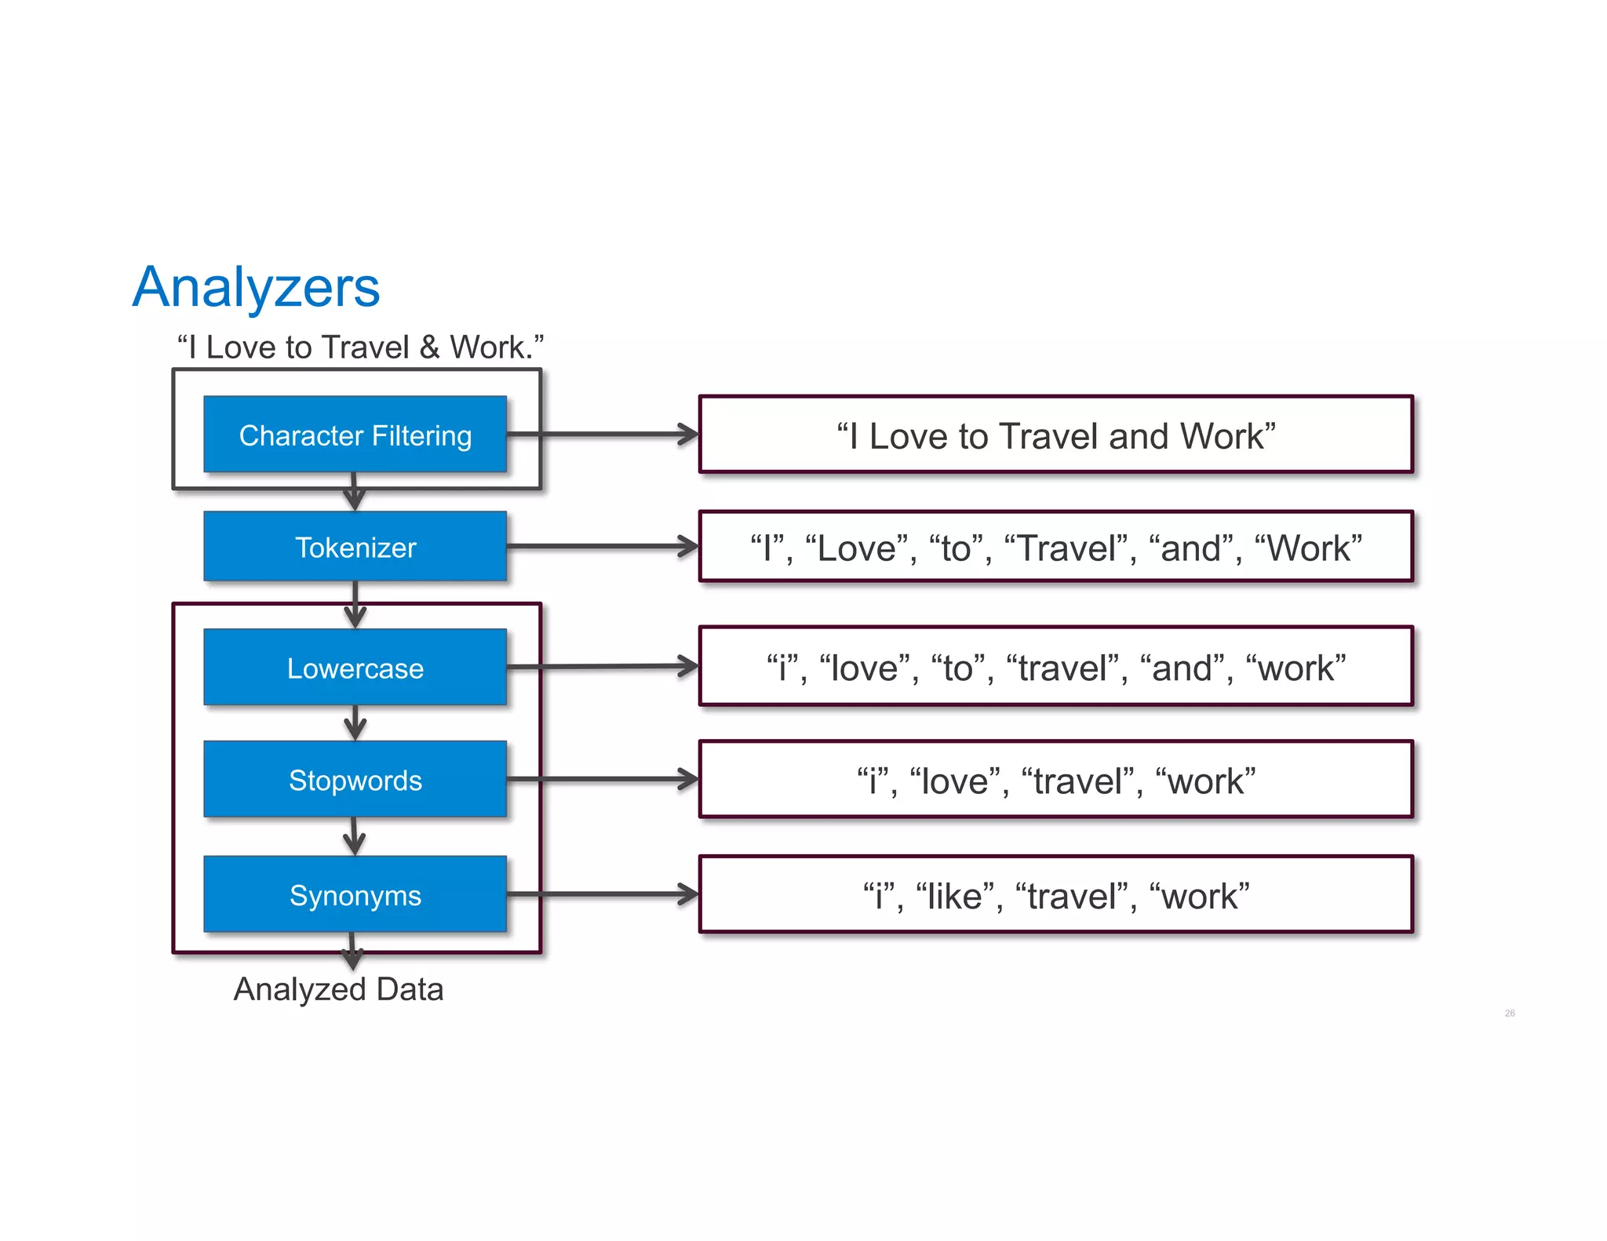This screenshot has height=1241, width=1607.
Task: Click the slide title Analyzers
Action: point(256,288)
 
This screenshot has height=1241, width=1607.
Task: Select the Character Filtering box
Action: point(355,435)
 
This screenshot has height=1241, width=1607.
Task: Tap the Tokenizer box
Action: point(355,547)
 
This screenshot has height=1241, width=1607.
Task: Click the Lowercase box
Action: point(355,668)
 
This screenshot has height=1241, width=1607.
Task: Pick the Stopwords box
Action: point(355,780)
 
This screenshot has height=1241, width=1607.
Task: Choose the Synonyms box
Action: point(355,895)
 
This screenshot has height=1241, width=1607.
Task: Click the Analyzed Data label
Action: point(338,989)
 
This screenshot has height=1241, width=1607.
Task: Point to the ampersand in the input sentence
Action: point(429,348)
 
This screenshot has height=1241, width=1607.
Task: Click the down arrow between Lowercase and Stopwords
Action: point(355,722)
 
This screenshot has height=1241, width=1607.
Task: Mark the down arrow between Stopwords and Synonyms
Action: point(355,836)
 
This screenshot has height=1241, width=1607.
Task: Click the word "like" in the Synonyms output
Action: point(954,897)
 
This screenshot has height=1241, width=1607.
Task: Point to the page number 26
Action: point(1509,1014)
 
